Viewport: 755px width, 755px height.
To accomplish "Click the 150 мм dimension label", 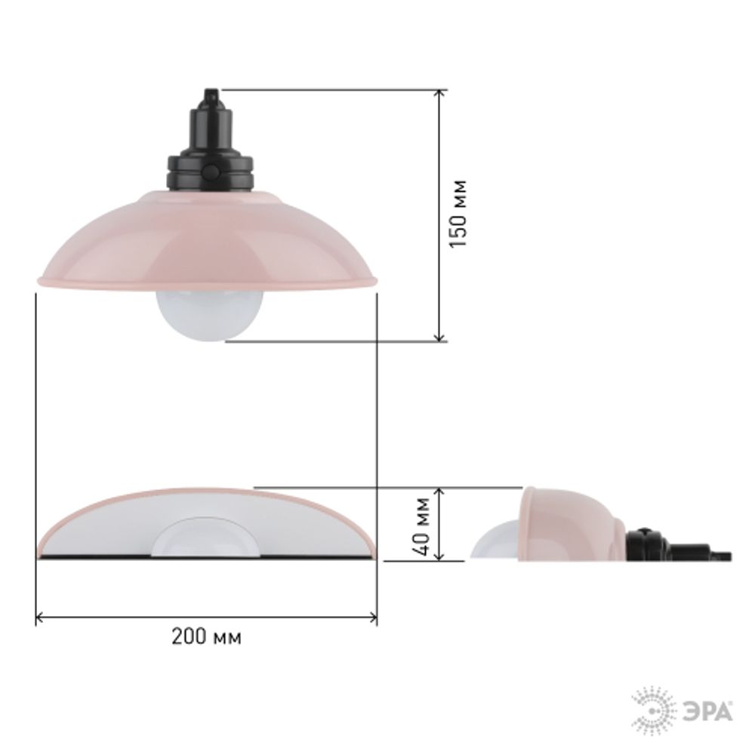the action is tap(458, 214).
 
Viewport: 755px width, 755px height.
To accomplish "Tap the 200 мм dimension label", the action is tap(207, 636).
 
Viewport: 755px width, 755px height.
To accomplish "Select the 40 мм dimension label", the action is tap(422, 525).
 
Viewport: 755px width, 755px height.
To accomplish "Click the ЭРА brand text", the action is tap(708, 712).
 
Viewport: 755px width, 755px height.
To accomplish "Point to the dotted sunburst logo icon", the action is tap(653, 710).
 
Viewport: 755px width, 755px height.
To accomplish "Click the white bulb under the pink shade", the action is tap(209, 316).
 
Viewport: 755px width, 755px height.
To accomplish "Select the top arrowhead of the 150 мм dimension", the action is tap(439, 94).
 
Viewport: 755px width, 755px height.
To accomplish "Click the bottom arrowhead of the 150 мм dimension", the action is tap(439, 337).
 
